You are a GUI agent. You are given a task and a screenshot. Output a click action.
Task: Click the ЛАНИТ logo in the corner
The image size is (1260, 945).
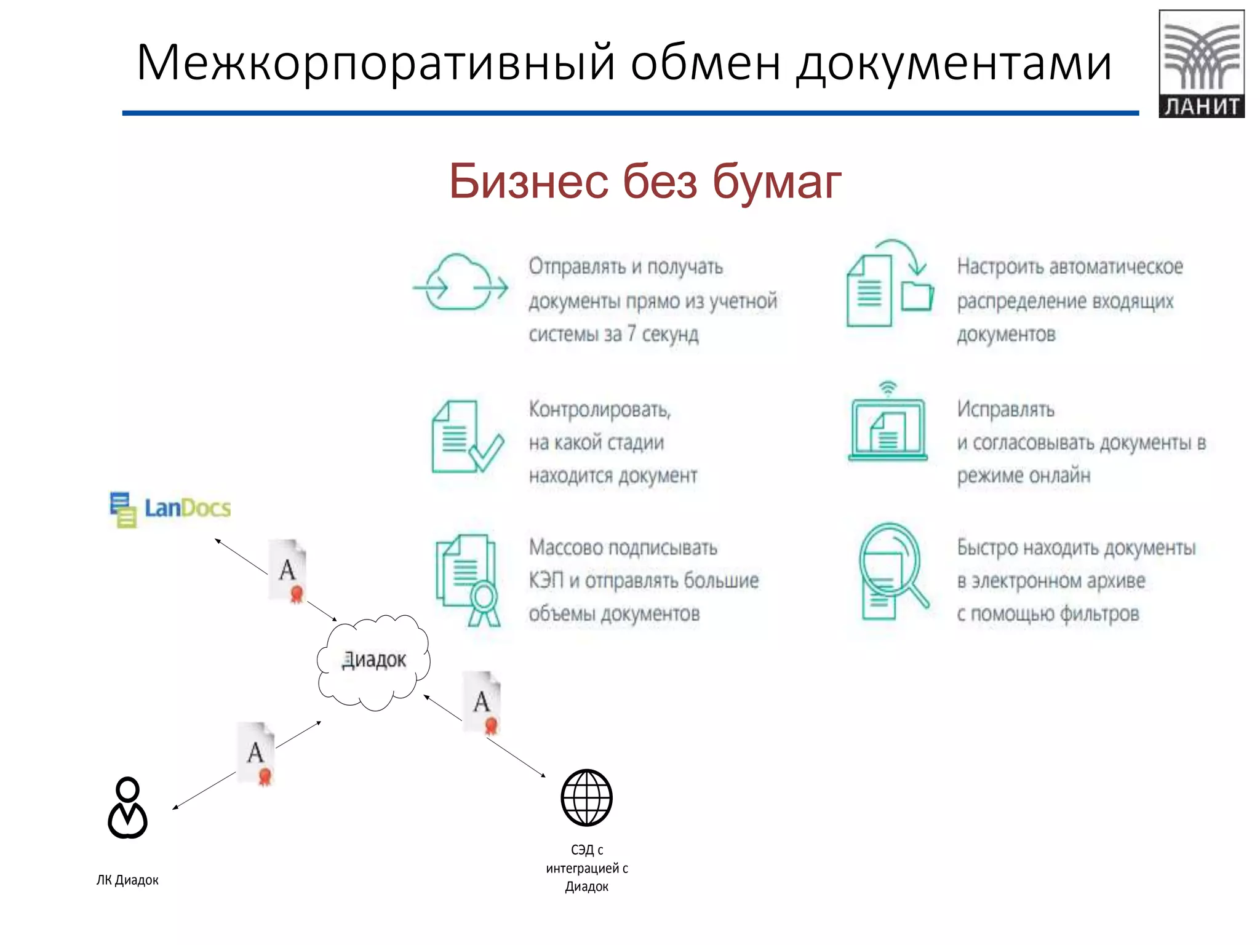(1201, 63)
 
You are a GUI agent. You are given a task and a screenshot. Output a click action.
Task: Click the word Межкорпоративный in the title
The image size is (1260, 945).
(375, 63)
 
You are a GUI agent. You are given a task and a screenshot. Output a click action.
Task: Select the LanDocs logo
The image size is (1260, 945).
(170, 509)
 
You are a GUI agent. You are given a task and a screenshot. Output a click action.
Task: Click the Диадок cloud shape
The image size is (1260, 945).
(373, 661)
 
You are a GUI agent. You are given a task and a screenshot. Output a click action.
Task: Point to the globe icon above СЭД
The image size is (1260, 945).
(586, 797)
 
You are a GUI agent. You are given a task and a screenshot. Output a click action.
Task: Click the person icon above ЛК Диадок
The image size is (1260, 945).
(127, 808)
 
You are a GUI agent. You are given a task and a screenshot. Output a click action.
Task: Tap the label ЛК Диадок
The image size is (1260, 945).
(127, 880)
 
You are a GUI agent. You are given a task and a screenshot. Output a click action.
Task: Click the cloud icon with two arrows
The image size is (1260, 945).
(460, 283)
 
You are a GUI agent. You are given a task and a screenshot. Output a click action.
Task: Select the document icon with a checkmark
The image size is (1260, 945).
(466, 437)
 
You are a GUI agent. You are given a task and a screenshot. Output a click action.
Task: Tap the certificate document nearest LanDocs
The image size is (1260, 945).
(287, 570)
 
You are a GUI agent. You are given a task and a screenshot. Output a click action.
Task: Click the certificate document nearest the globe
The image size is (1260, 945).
(482, 702)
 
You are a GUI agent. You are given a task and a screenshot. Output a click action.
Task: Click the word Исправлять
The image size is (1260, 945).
(1005, 409)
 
